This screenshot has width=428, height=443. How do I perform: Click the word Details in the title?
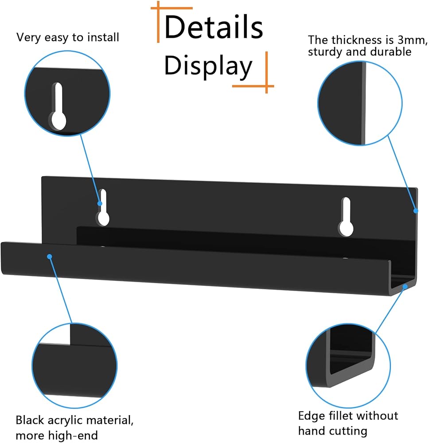click(x=214, y=27)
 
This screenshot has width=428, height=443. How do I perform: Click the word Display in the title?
click(x=208, y=66)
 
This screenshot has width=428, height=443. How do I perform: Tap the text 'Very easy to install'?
click(x=67, y=38)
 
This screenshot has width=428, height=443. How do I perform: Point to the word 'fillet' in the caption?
click(x=337, y=416)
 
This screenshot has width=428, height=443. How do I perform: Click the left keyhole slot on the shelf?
click(x=103, y=207)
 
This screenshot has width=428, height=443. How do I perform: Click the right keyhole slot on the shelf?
click(x=346, y=217)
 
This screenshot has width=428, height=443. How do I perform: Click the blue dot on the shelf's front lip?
click(x=50, y=256)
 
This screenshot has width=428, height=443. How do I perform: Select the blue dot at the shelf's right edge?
click(x=416, y=211)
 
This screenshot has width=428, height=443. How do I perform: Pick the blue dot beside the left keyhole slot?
click(x=100, y=203)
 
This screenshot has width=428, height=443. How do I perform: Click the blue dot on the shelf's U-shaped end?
click(x=405, y=287)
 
